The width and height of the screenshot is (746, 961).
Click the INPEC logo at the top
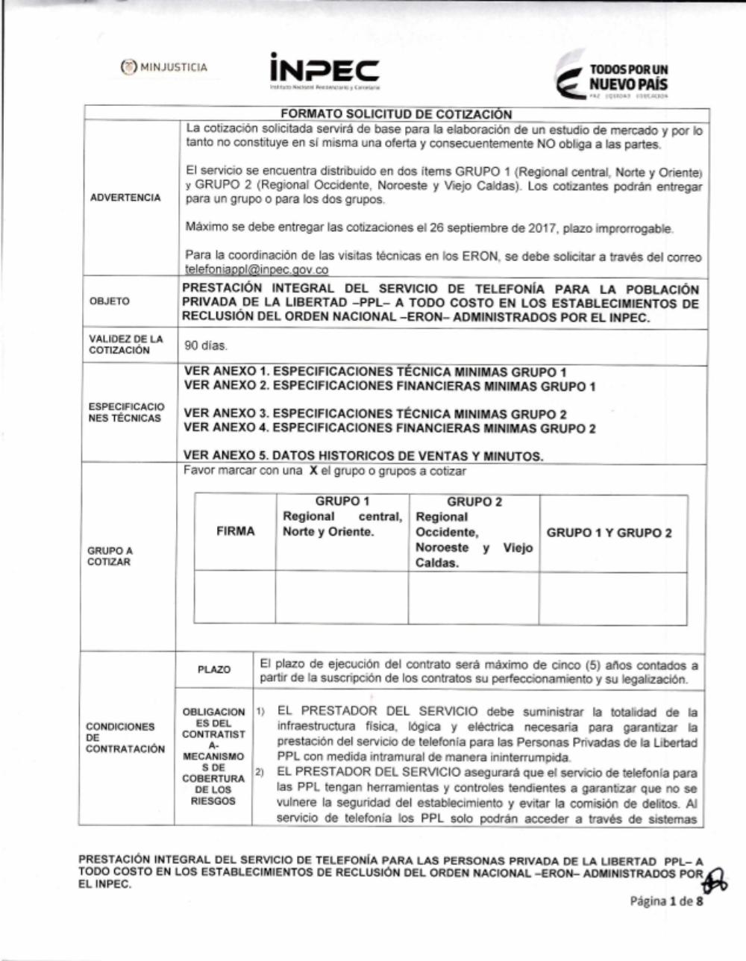(x=325, y=72)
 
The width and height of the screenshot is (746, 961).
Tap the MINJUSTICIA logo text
(x=166, y=68)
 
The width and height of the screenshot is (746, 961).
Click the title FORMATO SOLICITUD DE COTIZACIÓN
(x=396, y=114)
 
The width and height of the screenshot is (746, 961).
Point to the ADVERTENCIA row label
(x=125, y=198)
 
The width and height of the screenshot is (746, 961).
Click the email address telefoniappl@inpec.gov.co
(x=257, y=269)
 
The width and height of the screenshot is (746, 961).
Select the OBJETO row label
(x=109, y=301)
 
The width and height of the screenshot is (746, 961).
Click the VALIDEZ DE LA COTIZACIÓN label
(x=115, y=345)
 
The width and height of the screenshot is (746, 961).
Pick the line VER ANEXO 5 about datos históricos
(x=363, y=455)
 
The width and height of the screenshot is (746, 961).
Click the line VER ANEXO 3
(x=374, y=413)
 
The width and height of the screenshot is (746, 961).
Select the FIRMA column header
(x=235, y=531)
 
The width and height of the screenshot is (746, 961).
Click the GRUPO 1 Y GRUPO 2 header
(x=609, y=533)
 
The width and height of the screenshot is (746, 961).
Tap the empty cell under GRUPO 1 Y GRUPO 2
(x=612, y=598)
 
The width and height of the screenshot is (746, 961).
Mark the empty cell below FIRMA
(x=235, y=598)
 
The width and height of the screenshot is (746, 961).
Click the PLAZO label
(x=214, y=670)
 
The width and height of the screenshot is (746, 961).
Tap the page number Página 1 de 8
(x=666, y=901)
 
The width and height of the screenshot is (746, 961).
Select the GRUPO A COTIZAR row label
(x=110, y=556)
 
